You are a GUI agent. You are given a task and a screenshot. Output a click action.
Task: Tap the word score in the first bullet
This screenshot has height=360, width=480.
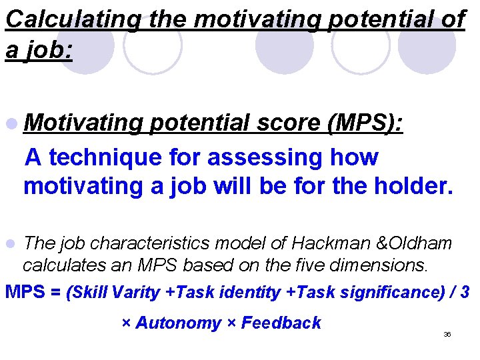coord(284,124)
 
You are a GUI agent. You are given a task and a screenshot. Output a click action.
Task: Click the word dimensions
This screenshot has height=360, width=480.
coord(380,265)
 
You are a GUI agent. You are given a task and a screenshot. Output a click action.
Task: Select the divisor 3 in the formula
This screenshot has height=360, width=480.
coord(465,292)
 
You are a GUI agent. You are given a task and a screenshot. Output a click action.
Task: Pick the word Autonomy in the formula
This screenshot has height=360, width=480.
coord(178,323)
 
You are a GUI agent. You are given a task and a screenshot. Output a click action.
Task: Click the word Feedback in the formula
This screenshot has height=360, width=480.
coord(281,323)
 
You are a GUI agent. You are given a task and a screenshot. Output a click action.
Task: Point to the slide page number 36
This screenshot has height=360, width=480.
coord(447,335)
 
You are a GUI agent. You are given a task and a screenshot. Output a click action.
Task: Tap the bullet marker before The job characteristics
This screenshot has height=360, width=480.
coord(11,245)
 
